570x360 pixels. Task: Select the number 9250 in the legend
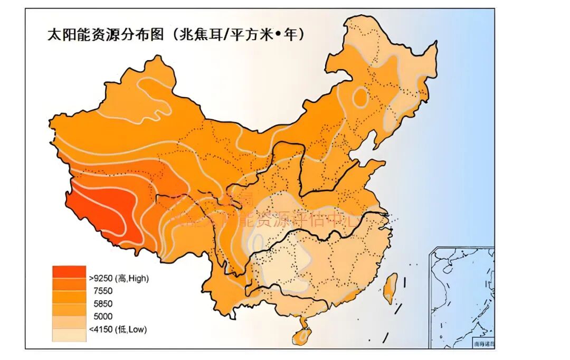point(103,278)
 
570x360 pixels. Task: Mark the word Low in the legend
point(138,329)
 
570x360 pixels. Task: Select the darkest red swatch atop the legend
point(69,272)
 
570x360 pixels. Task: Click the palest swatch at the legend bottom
point(69,335)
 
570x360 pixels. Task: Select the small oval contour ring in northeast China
point(360,97)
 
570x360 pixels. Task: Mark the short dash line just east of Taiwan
point(404,282)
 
